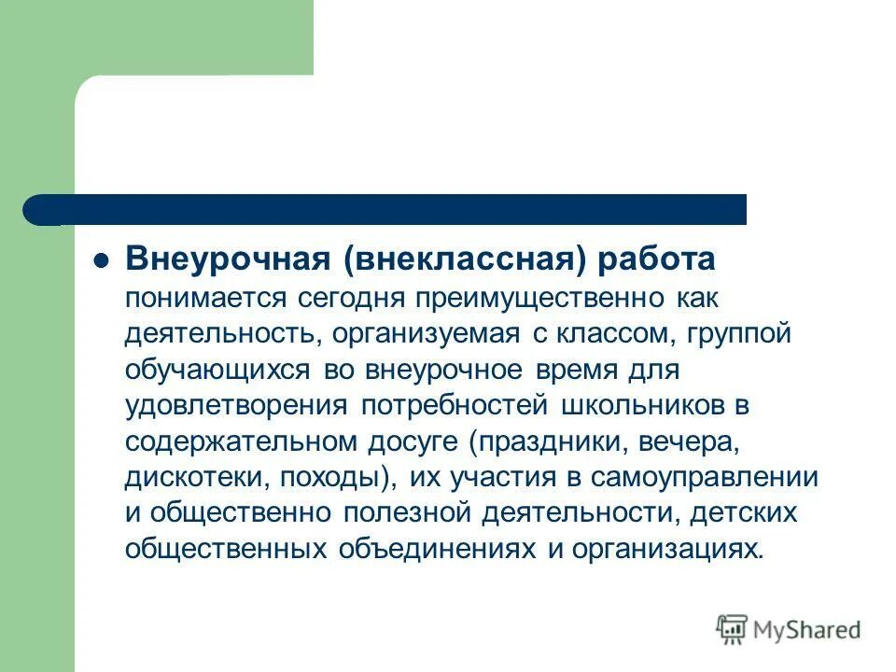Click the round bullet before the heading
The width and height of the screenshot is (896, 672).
tap(104, 260)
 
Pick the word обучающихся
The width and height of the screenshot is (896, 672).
tap(220, 369)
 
